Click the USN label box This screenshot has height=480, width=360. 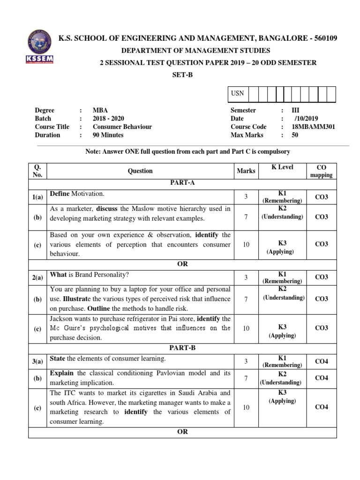click(x=238, y=93)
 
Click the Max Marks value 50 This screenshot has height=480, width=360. click(x=295, y=135)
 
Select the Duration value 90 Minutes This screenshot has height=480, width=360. click(x=108, y=135)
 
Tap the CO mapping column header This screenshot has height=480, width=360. click(x=321, y=171)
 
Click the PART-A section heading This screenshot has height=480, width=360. click(x=182, y=183)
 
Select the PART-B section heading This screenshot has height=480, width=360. click(x=182, y=348)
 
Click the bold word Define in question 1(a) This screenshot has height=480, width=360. click(x=60, y=194)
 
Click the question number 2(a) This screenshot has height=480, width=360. click(x=37, y=277)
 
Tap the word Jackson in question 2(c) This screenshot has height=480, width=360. click(x=62, y=319)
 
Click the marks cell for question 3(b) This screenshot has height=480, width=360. click(x=246, y=378)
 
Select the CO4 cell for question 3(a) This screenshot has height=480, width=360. click(x=321, y=361)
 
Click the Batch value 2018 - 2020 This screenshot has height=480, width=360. click(x=108, y=119)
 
